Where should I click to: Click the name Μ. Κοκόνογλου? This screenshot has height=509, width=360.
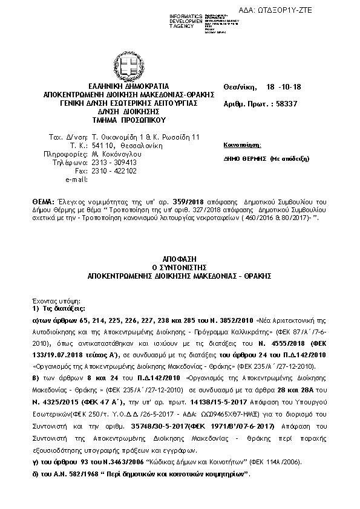[113, 154]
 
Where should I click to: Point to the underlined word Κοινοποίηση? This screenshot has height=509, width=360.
[243, 146]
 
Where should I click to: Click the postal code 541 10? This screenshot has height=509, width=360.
[102, 146]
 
